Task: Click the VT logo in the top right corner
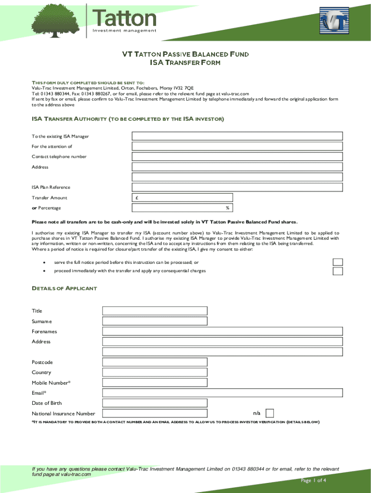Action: pyautogui.click(x=334, y=22)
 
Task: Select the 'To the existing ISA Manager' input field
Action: pyautogui.click(x=237, y=136)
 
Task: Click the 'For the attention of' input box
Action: pyautogui.click(x=237, y=146)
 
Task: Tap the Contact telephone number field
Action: pyautogui.click(x=237, y=156)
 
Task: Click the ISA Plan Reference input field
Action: pyautogui.click(x=237, y=187)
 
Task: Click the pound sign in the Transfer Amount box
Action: pyautogui.click(x=137, y=198)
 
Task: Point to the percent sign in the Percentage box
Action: pyautogui.click(x=227, y=208)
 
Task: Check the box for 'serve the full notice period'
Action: pyautogui.click(x=338, y=262)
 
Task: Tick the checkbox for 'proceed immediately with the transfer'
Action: pyautogui.click(x=338, y=271)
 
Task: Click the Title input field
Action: pyautogui.click(x=154, y=311)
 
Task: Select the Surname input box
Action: pyautogui.click(x=154, y=321)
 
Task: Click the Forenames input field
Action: pyautogui.click(x=222, y=331)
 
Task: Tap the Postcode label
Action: pyautogui.click(x=42, y=362)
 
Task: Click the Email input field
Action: pyautogui.click(x=222, y=393)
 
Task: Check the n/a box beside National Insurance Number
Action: pyautogui.click(x=270, y=413)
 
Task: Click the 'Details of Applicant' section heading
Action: pyautogui.click(x=64, y=288)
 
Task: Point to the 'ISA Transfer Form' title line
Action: pyautogui.click(x=185, y=63)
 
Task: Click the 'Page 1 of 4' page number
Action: pyautogui.click(x=314, y=480)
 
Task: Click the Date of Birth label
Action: pyautogui.click(x=47, y=403)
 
